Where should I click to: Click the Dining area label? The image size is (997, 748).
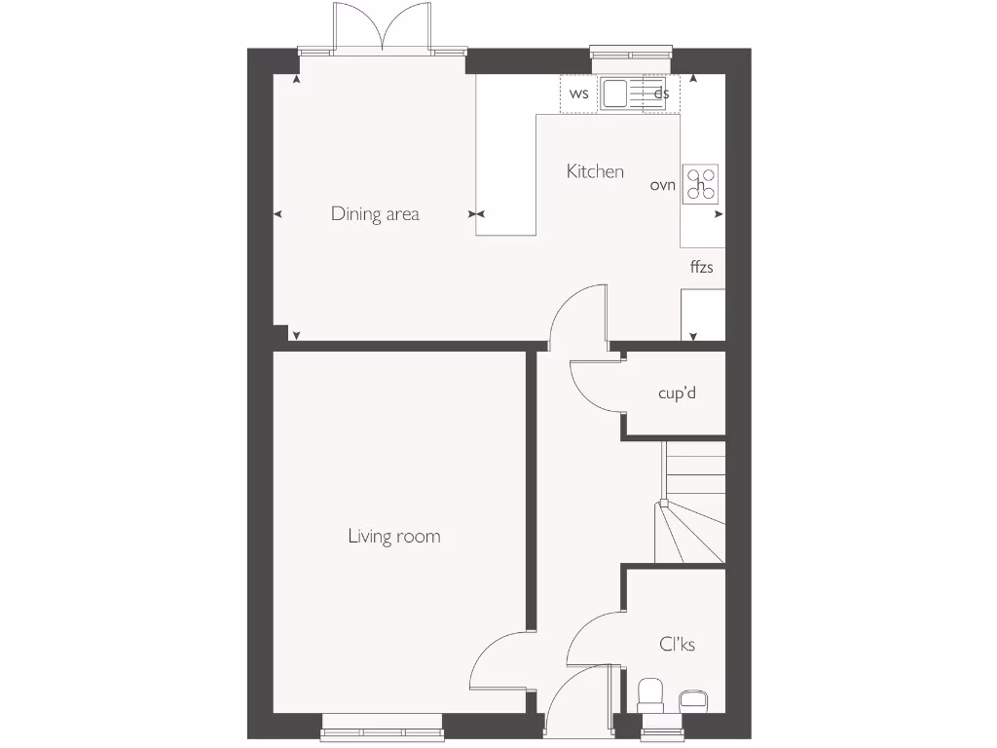pos(375,213)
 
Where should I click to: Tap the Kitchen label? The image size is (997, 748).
pos(595,171)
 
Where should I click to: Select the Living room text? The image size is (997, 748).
pos(393,536)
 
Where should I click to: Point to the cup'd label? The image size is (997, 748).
pos(677,393)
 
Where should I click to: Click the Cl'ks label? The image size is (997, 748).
pos(676,644)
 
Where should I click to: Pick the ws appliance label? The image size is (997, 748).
pos(579,93)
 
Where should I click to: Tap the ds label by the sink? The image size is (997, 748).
pos(662,93)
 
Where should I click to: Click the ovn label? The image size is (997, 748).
pos(663,184)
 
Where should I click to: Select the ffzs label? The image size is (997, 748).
pos(701,266)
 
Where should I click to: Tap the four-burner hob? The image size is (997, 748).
pos(700,184)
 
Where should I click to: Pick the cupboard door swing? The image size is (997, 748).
pos(594,385)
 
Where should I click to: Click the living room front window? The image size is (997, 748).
pos(382,722)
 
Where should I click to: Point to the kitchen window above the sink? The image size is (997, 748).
pos(631,53)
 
